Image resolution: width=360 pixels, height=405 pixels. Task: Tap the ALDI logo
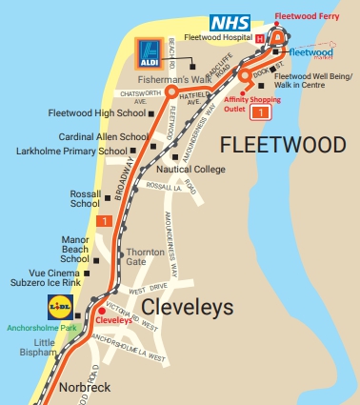150,53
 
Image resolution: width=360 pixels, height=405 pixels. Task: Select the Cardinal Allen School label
103,136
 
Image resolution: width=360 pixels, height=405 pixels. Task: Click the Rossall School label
85,198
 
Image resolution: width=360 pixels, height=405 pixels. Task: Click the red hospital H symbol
260,38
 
